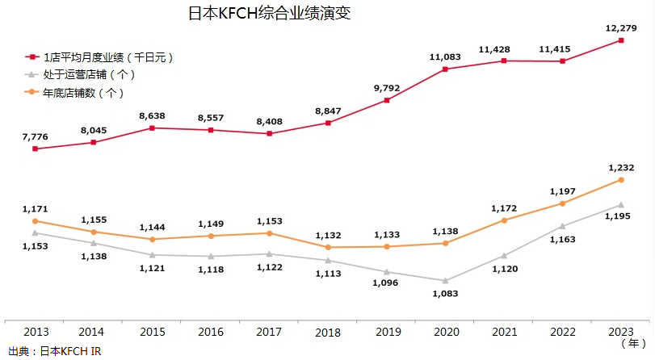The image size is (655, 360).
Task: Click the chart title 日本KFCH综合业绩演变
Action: click(x=258, y=14)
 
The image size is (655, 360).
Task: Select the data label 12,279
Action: click(x=620, y=28)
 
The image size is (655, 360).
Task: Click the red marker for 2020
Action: click(x=445, y=69)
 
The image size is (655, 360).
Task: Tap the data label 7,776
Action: click(x=35, y=137)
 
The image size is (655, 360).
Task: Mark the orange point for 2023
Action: click(x=621, y=179)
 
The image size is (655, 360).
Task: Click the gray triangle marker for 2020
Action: click(x=445, y=280)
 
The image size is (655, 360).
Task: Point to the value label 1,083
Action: click(x=445, y=294)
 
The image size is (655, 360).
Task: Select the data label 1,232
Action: click(x=620, y=166)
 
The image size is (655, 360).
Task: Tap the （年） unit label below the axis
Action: click(x=632, y=344)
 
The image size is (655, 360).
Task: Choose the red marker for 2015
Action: click(x=152, y=128)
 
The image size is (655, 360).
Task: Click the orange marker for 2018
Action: click(x=328, y=247)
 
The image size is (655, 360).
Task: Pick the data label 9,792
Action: click(x=386, y=88)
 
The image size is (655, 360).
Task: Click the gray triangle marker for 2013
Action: click(x=35, y=232)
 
